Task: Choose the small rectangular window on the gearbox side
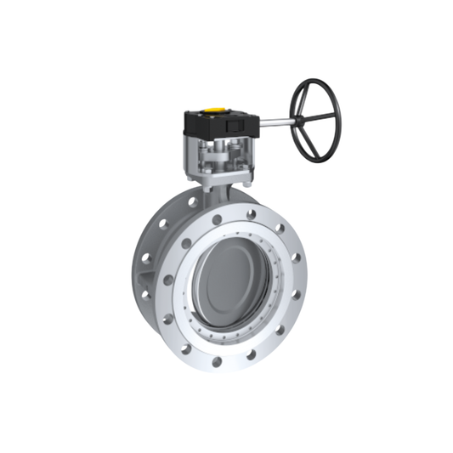click(x=230, y=127)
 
